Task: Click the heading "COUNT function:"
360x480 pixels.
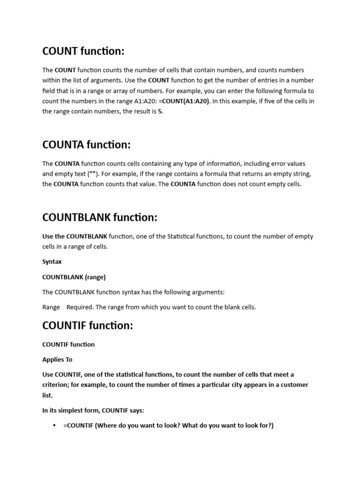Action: point(83,51)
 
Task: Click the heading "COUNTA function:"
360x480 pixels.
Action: point(86,145)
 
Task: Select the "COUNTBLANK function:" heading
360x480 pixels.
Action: point(100,217)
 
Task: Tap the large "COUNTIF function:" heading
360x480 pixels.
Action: point(88,325)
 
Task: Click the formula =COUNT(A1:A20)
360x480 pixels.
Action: point(184,101)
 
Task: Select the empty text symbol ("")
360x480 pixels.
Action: point(93,174)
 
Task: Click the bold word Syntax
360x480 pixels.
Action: point(52,262)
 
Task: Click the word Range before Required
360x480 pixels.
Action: point(51,307)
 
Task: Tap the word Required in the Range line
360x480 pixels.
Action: point(80,307)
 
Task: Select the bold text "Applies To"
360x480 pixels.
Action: point(57,360)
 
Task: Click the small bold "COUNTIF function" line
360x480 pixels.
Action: point(68,345)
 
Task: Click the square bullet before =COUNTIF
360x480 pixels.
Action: point(54,426)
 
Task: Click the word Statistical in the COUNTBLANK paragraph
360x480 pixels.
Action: point(183,237)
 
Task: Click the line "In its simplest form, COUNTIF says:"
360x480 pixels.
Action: point(93,411)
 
